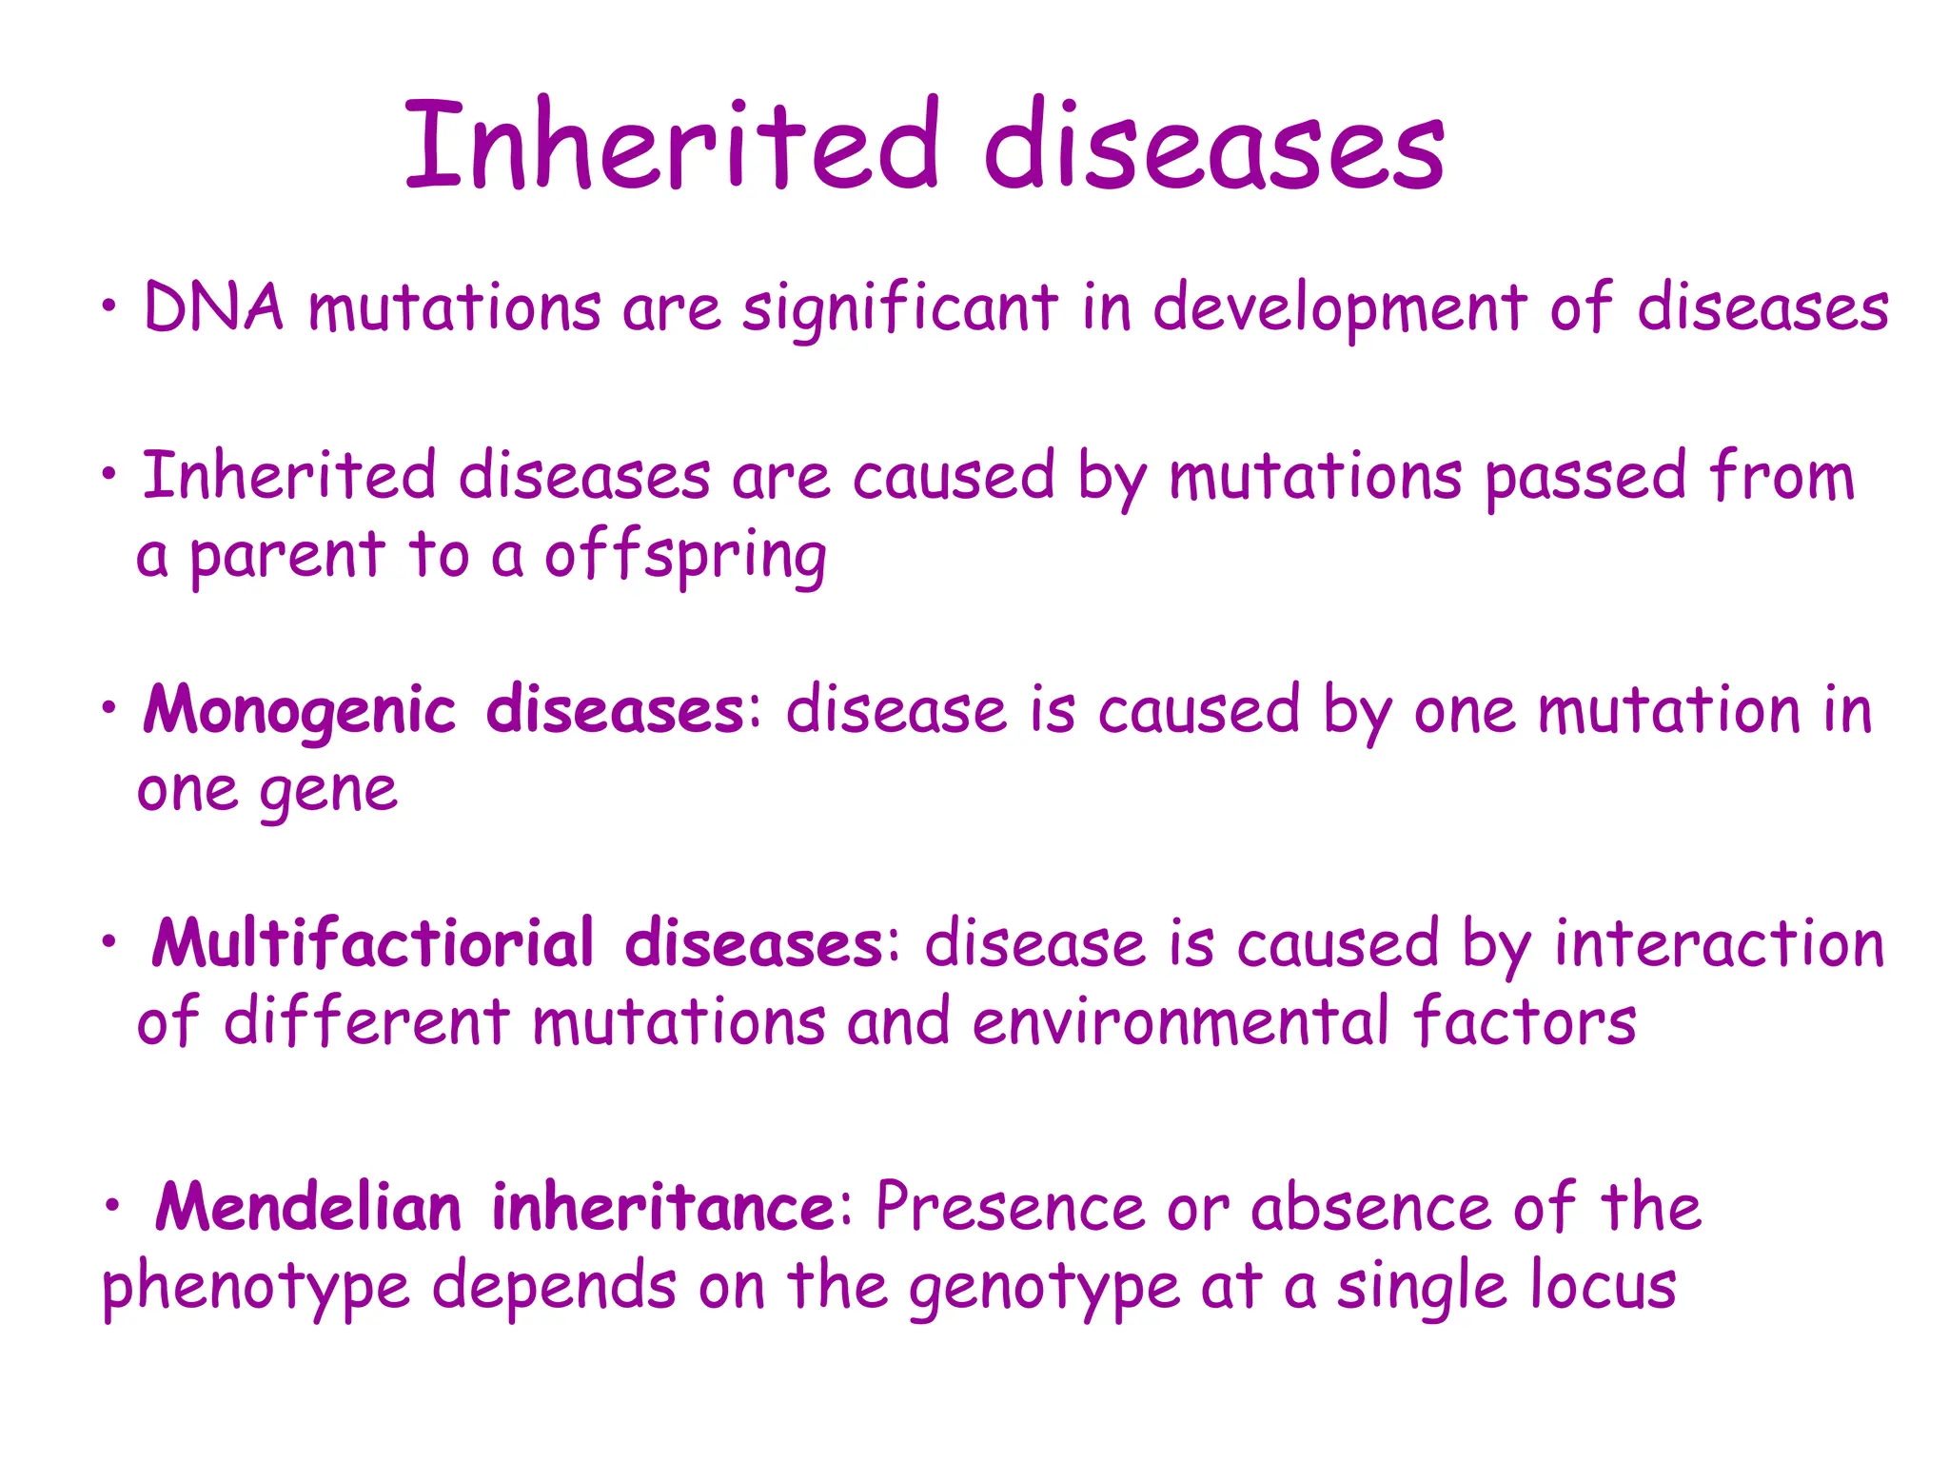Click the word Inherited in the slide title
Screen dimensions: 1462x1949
pyautogui.click(x=671, y=145)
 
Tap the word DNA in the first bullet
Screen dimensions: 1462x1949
pyautogui.click(x=213, y=307)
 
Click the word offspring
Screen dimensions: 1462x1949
pyautogui.click(x=685, y=557)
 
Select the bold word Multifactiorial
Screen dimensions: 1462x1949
pyautogui.click(x=373, y=943)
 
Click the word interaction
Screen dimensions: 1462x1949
pyautogui.click(x=1719, y=943)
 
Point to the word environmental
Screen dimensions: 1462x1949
pyautogui.click(x=1180, y=1022)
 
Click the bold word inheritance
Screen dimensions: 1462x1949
pyautogui.click(x=663, y=1207)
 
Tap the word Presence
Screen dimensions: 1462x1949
pyautogui.click(x=1010, y=1207)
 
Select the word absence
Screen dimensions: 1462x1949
pyautogui.click(x=1371, y=1207)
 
